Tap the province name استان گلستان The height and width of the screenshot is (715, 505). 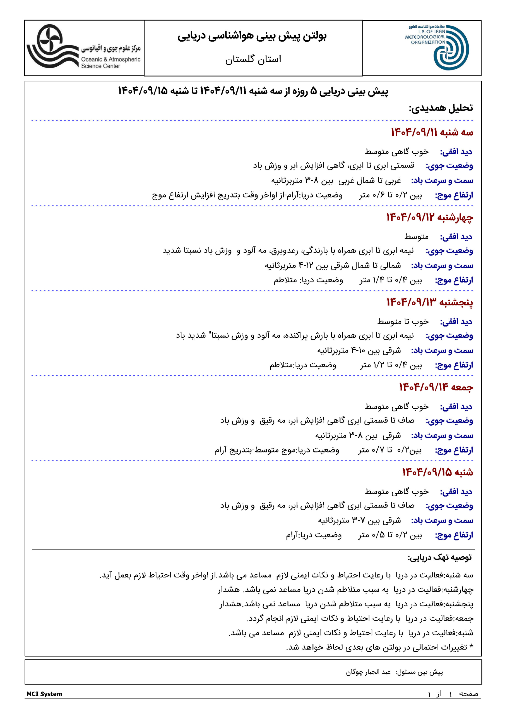click(x=253, y=59)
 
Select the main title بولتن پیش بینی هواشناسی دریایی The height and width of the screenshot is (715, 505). click(x=252, y=36)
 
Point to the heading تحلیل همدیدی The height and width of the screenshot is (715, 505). click(x=441, y=108)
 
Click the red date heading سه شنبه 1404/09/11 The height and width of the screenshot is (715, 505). click(x=432, y=132)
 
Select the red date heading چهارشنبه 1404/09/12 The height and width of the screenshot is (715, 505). click(x=429, y=217)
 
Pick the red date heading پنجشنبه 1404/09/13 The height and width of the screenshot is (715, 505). click(x=429, y=302)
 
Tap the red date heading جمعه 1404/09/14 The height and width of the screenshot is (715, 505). click(x=436, y=387)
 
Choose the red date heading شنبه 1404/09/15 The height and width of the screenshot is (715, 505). click(x=437, y=472)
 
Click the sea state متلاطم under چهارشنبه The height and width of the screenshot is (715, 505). click(x=285, y=280)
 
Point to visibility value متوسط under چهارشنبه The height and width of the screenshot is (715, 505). click(x=416, y=237)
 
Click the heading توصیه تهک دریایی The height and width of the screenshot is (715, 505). click(x=440, y=557)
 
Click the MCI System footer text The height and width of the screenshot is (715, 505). click(x=44, y=694)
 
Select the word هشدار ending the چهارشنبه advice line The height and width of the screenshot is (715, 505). click(x=229, y=590)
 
